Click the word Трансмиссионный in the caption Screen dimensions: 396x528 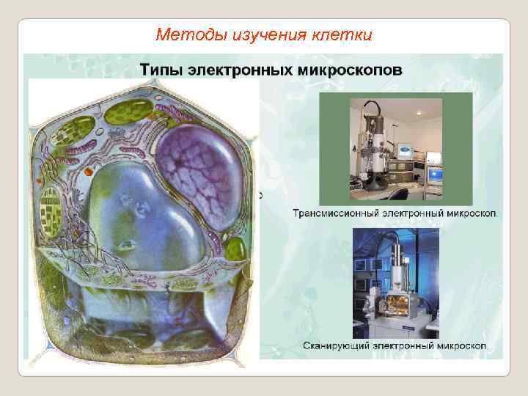(337, 214)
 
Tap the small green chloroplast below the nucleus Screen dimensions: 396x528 (235, 249)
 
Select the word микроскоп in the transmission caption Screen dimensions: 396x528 (470, 214)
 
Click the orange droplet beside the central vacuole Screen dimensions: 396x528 (89, 171)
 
